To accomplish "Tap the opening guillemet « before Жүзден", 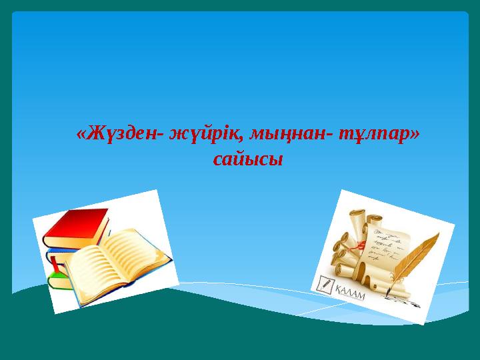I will pyautogui.click(x=81, y=135).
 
